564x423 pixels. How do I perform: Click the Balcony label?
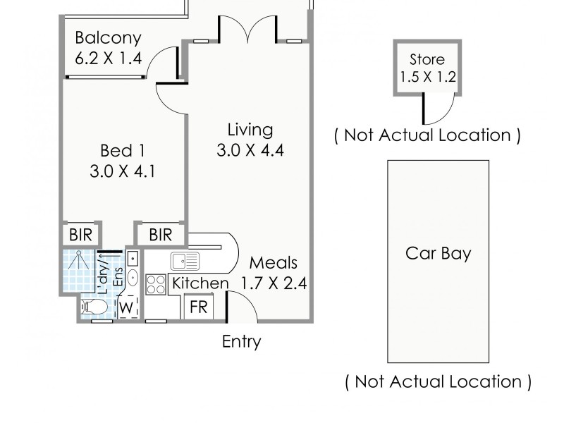click(108, 37)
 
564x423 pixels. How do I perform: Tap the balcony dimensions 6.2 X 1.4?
click(108, 58)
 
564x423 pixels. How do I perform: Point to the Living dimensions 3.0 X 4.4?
click(250, 150)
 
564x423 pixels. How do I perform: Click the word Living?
click(250, 130)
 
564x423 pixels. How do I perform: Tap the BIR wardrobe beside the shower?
click(81, 234)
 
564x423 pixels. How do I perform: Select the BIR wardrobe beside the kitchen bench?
click(161, 234)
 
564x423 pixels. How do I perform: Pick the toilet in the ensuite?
click(93, 307)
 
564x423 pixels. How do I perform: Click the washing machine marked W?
click(127, 307)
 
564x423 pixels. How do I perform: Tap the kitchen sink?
click(185, 261)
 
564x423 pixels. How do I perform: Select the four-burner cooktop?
click(155, 285)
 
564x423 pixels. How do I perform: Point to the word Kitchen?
click(201, 283)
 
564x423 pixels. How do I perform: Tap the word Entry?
click(241, 342)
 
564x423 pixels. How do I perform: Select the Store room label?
click(427, 59)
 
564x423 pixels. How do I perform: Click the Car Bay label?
click(438, 253)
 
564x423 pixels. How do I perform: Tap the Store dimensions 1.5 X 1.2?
click(427, 76)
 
